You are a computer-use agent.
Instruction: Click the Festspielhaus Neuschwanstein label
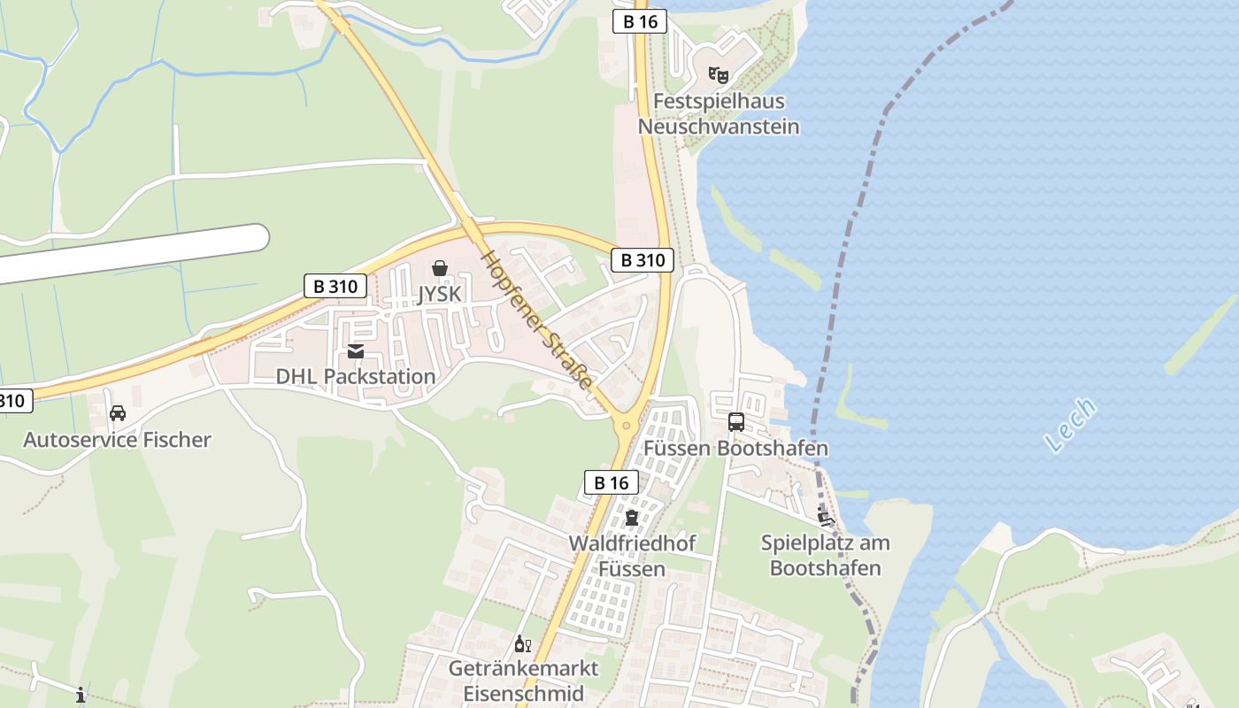[x=718, y=114]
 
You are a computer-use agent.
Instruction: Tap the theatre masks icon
[x=718, y=75]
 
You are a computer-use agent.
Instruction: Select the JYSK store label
[x=439, y=293]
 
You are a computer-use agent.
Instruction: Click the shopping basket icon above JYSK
[x=439, y=267]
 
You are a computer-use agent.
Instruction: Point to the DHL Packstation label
[x=356, y=376]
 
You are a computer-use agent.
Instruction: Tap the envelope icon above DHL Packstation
[x=356, y=351]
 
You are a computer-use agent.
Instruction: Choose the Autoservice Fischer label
[x=117, y=440]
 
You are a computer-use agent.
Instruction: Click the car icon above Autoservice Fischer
[x=117, y=412]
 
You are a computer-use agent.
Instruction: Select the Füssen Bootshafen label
[x=735, y=448]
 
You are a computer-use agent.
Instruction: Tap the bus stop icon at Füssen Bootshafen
[x=735, y=422]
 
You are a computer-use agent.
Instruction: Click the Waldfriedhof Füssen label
[x=632, y=556]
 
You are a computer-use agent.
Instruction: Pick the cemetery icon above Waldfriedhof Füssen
[x=631, y=518]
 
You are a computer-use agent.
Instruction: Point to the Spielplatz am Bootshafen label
[x=825, y=555]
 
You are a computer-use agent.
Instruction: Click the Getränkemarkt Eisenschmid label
[x=523, y=681]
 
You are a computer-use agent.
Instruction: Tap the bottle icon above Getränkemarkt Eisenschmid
[x=522, y=643]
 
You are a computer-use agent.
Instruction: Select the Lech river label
[x=1070, y=426]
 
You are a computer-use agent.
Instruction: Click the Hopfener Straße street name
[x=536, y=319]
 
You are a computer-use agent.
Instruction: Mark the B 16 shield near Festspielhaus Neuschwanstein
[x=639, y=21]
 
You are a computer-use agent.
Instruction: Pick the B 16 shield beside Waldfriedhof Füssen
[x=611, y=482]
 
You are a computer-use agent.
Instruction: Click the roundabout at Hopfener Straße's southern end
[x=627, y=426]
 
